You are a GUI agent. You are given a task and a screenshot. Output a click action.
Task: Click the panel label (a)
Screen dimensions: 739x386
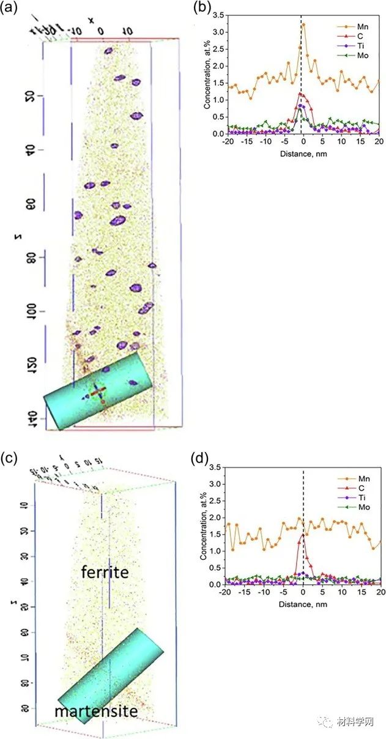point(10,9)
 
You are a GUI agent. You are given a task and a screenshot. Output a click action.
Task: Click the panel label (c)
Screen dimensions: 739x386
point(10,457)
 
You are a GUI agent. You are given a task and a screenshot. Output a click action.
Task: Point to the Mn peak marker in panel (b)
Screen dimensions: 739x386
point(303,24)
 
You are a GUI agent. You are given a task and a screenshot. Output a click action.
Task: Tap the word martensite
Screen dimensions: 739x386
point(95,711)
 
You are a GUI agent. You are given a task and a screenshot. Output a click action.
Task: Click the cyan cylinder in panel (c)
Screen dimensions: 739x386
point(111,675)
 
